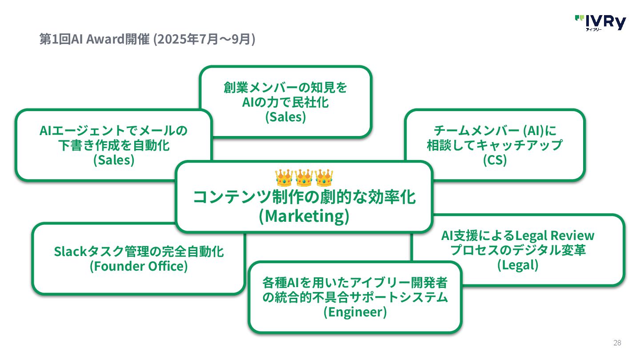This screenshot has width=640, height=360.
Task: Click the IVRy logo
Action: (600, 23)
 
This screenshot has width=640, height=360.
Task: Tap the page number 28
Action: (617, 343)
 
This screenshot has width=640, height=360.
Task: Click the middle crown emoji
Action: (304, 178)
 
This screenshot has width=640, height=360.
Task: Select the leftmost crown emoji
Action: (284, 178)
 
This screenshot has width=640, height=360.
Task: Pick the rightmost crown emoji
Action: (324, 178)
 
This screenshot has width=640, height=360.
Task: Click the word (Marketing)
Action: (304, 216)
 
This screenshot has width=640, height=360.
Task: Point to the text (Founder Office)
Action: (139, 266)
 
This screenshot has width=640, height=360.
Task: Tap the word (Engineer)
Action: (355, 312)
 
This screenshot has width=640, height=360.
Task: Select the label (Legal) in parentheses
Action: (518, 265)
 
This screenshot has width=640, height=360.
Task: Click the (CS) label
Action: (495, 160)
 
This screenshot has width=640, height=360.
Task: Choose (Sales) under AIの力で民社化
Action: (286, 117)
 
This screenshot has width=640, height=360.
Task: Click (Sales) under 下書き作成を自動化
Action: (114, 160)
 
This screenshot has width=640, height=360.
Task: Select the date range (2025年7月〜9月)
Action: (204, 40)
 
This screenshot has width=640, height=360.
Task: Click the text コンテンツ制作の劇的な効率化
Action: (304, 197)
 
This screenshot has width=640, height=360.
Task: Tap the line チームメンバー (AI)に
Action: (495, 131)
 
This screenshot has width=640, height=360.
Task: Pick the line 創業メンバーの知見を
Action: (285, 88)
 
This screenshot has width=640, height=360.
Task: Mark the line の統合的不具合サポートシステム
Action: (355, 297)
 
